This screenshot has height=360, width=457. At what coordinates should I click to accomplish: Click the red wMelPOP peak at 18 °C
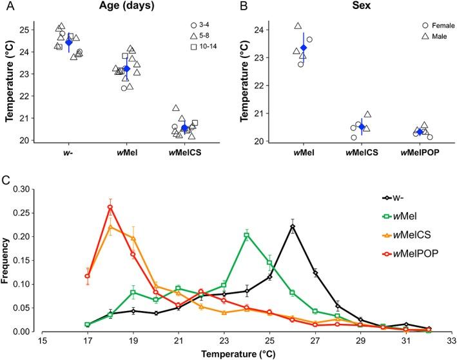(x=110, y=207)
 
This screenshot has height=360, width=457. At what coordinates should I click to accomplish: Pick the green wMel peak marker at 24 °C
(x=247, y=235)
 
